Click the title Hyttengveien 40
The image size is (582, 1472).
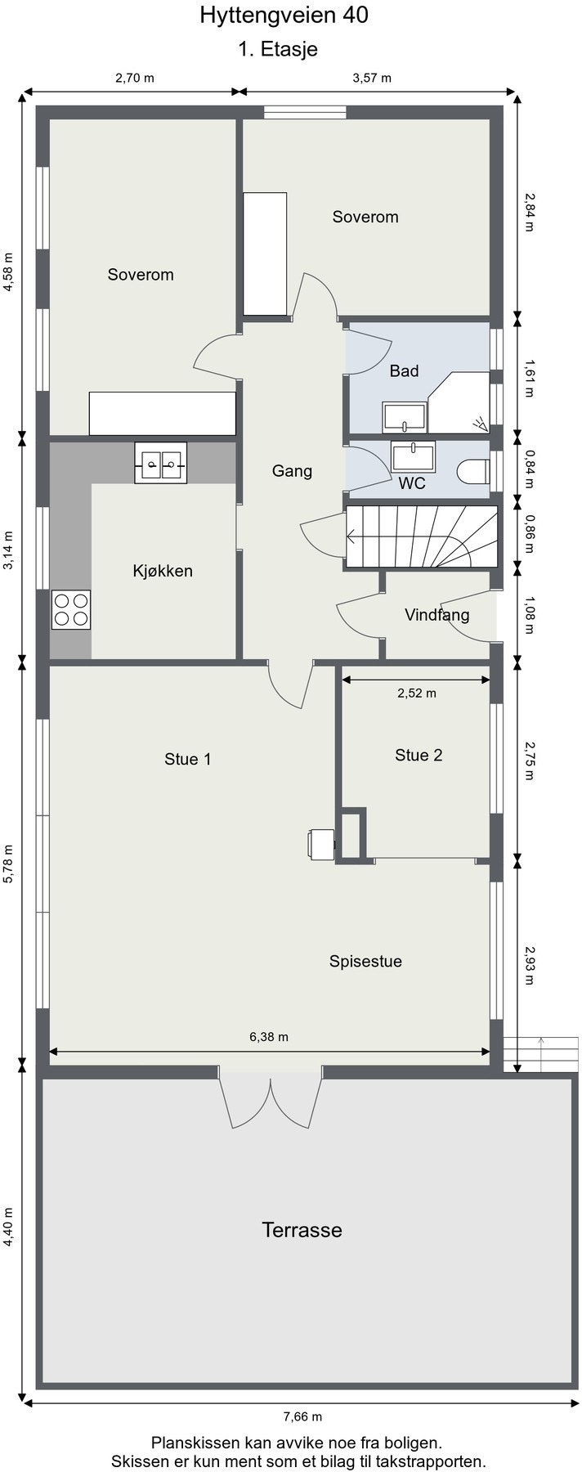[277, 15]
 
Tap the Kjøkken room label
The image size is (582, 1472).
[163, 571]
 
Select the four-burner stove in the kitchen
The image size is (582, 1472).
[71, 609]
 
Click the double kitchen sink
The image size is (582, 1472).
[161, 463]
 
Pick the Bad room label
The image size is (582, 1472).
[404, 371]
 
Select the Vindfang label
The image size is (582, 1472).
[437, 615]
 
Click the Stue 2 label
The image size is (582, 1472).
[419, 755]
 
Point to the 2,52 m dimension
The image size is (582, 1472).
[417, 693]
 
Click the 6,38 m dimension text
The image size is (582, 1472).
[269, 1037]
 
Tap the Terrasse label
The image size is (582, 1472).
[302, 1229]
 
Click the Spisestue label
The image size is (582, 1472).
[365, 962]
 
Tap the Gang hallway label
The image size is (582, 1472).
[292, 471]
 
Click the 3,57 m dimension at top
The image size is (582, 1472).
[372, 79]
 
